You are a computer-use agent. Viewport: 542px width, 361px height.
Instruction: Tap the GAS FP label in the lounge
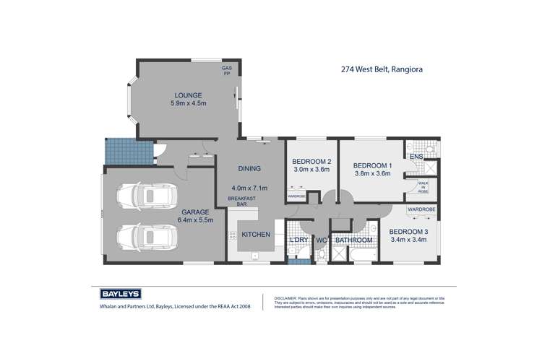point(226,71)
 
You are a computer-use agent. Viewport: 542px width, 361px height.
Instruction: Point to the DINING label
point(249,169)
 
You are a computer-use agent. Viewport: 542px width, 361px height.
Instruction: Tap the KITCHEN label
point(256,235)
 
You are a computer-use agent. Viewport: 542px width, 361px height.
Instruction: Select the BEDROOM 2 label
point(311,162)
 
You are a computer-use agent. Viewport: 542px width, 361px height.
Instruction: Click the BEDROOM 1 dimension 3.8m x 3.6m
point(372,173)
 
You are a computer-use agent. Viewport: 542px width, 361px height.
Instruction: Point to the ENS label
point(416,157)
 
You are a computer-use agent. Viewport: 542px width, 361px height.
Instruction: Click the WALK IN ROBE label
point(423,188)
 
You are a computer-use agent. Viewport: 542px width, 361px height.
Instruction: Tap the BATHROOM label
point(354,240)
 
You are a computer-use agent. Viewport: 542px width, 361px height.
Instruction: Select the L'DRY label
point(299,240)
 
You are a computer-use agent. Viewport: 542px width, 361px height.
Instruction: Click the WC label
point(322,240)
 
